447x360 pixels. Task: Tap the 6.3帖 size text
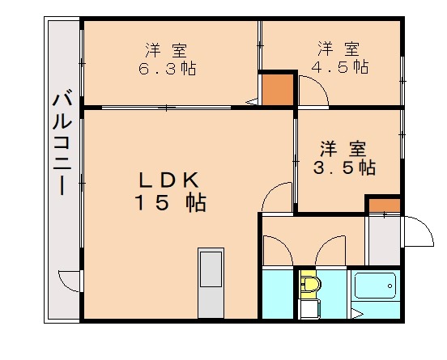pos(167,68)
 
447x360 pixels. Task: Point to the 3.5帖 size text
pos(344,167)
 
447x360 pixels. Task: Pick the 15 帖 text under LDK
pos(169,202)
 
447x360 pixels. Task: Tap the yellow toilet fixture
pos(309,285)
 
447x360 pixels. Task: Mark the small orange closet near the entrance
pos(384,204)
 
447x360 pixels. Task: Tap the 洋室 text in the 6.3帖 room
pos(168,48)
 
